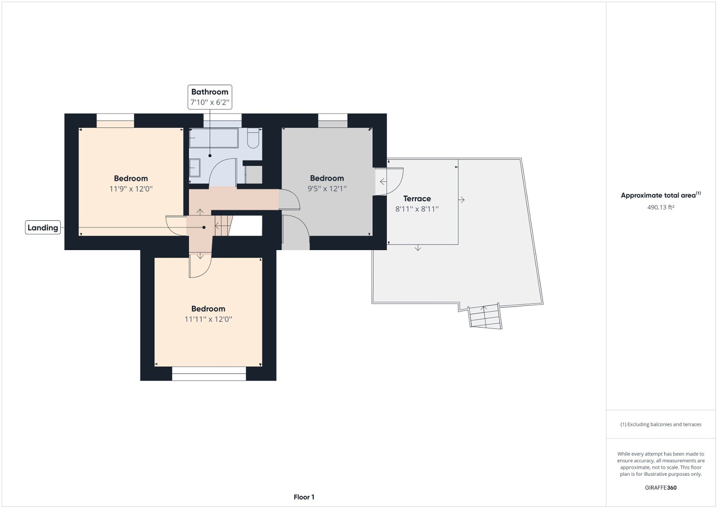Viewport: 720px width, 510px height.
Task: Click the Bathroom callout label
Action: tap(210, 92)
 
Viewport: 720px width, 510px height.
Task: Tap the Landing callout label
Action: tap(43, 228)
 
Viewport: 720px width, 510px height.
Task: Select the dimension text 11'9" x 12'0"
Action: tap(131, 189)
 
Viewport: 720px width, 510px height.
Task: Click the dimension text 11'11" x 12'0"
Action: tap(208, 319)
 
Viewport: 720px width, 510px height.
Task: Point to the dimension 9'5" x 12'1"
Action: tap(327, 189)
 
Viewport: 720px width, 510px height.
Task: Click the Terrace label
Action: tap(417, 199)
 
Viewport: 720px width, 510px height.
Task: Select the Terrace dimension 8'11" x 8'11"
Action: tap(417, 209)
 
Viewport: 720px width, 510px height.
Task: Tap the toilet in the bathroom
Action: tap(253, 138)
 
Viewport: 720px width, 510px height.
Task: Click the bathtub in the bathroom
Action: tap(213, 138)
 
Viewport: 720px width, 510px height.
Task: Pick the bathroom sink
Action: tap(194, 168)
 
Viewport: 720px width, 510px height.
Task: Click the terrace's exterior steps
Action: tap(485, 317)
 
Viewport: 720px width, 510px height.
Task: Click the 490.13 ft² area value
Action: tap(660, 207)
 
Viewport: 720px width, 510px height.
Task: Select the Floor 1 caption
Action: tap(304, 497)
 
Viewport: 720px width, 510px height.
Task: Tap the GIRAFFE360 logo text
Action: tap(661, 487)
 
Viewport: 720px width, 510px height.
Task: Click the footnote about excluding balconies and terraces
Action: tap(661, 424)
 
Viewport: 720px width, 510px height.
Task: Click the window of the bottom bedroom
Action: tap(209, 374)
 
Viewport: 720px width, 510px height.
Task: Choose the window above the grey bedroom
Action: tap(333, 120)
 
